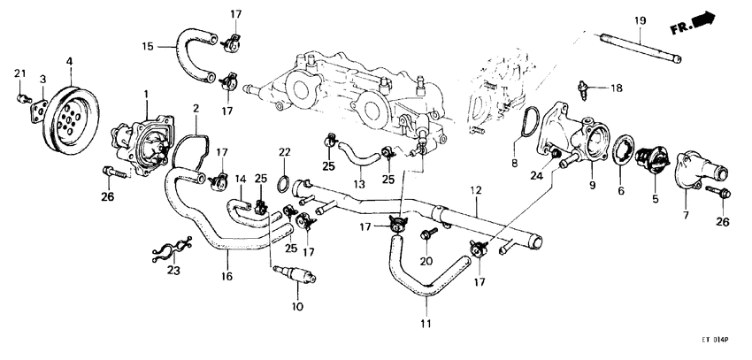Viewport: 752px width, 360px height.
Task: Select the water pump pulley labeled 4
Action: [71, 116]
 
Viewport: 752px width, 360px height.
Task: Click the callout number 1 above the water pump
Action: [145, 94]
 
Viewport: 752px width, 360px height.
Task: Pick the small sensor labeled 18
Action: [584, 88]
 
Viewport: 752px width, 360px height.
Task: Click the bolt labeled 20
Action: [429, 234]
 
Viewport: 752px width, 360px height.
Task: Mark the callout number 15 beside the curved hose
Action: [149, 46]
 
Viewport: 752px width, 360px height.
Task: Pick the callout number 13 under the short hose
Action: [358, 183]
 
